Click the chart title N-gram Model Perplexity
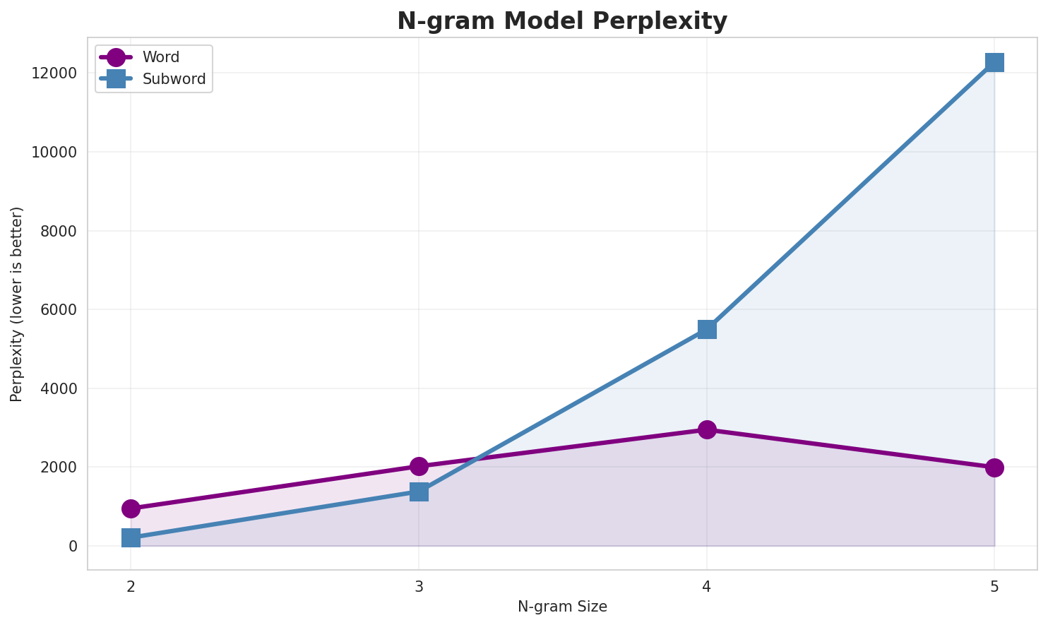click(561, 21)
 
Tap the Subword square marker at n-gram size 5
click(994, 62)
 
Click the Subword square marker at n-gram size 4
click(707, 329)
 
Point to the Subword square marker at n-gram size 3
click(419, 492)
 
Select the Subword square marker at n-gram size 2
click(131, 538)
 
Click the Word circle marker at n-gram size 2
click(131, 508)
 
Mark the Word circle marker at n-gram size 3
click(419, 466)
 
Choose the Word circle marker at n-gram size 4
click(707, 429)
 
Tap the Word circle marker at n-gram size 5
click(994, 468)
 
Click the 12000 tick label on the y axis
click(54, 73)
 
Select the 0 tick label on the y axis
click(73, 547)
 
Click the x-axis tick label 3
click(419, 586)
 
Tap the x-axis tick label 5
click(994, 586)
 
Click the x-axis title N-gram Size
click(562, 607)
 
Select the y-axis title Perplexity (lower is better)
click(17, 304)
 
